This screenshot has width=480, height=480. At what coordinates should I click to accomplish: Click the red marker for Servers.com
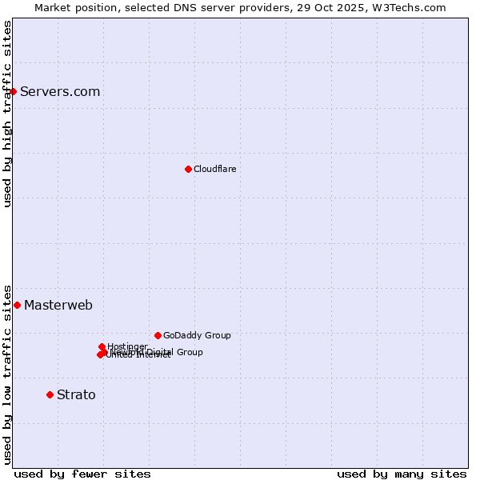click(x=13, y=91)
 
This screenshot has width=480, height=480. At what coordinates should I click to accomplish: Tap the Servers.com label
click(x=60, y=92)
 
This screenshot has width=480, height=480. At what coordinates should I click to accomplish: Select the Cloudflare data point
click(x=188, y=169)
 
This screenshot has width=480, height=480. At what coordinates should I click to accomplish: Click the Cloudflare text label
click(x=214, y=169)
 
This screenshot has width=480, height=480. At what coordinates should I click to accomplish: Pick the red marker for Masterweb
click(x=17, y=305)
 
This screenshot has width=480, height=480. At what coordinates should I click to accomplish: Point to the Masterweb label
click(x=58, y=306)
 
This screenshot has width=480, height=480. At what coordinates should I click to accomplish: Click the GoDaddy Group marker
click(x=158, y=335)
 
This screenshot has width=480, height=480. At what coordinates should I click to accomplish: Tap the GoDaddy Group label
click(x=197, y=336)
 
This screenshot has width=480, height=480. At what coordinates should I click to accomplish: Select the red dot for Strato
click(x=50, y=394)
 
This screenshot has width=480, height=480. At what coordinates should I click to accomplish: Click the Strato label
click(x=76, y=395)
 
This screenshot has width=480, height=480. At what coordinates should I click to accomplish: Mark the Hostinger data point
click(x=102, y=346)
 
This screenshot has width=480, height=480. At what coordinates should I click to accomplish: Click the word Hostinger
click(x=128, y=346)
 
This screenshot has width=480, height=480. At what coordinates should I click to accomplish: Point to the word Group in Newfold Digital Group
click(x=190, y=352)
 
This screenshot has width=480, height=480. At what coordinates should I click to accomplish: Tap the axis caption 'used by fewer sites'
click(x=82, y=474)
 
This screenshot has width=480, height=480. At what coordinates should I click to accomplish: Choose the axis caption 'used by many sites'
click(x=402, y=474)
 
